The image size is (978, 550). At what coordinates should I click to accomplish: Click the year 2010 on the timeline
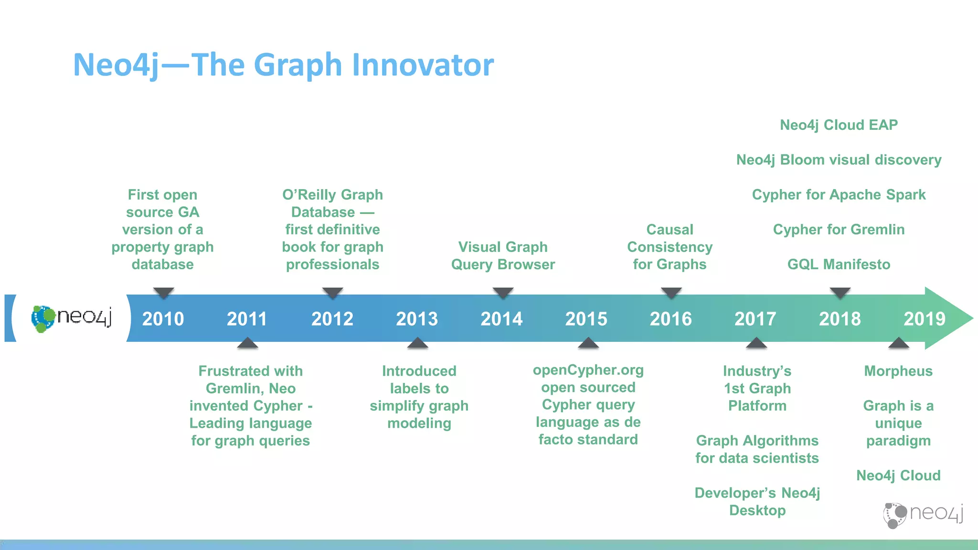[163, 318]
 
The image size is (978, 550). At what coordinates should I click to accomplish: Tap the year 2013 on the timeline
[416, 318]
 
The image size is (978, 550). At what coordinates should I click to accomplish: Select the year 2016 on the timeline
[670, 318]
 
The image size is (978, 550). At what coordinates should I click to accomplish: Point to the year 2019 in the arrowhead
[924, 318]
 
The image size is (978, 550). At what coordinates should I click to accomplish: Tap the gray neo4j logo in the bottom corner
[923, 515]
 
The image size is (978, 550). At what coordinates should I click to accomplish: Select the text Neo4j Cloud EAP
[839, 125]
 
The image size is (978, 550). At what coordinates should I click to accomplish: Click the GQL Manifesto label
[839, 264]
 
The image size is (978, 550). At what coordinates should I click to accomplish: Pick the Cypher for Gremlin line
[839, 230]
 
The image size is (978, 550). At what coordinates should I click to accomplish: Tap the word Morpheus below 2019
[898, 371]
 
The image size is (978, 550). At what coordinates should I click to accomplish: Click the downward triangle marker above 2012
[332, 292]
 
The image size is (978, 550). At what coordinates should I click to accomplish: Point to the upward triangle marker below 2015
[588, 343]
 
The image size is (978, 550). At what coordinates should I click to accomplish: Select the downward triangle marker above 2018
[840, 292]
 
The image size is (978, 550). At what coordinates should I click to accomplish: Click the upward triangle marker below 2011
[247, 343]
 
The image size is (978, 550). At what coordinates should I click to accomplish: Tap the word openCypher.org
[588, 370]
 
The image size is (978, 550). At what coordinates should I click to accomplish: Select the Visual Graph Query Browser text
[503, 255]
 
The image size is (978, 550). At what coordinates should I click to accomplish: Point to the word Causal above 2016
[670, 230]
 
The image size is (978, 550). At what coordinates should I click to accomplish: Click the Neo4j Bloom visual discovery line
[839, 160]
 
